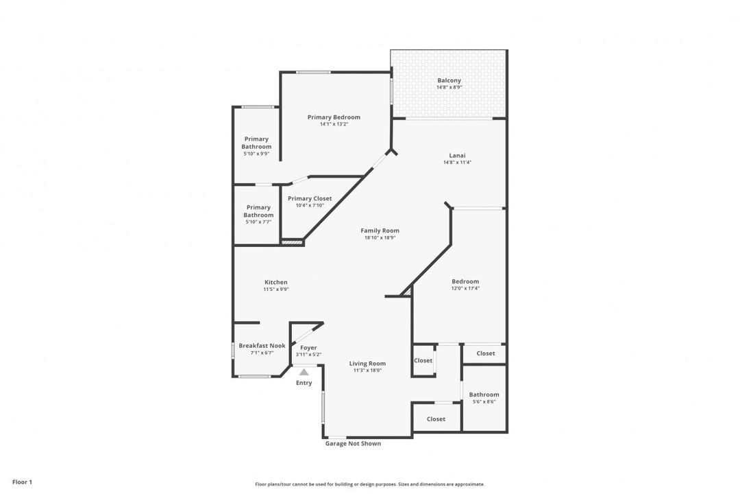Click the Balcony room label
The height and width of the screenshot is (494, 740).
point(449,81)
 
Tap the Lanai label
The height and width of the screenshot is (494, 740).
point(457,155)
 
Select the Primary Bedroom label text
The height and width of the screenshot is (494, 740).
point(334,117)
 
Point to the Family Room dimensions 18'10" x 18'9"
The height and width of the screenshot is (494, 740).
point(380,238)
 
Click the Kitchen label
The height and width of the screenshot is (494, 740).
point(276,282)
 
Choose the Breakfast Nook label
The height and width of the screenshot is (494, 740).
point(262,346)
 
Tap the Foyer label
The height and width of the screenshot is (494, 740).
point(308,348)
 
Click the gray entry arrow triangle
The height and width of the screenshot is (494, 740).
point(304,371)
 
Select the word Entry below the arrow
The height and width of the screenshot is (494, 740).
point(304,383)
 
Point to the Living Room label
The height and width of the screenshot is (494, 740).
point(367,364)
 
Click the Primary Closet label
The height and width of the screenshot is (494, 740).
point(310,198)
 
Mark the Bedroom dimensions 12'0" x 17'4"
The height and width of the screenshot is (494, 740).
point(465,289)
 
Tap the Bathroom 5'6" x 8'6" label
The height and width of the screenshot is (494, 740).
point(484,395)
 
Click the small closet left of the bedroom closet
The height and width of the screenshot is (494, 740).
point(423,360)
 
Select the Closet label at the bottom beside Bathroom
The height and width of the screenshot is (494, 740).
point(436,419)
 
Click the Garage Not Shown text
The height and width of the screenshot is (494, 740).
point(353,444)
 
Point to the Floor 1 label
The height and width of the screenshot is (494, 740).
point(22,482)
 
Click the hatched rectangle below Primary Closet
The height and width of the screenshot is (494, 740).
point(293,242)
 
